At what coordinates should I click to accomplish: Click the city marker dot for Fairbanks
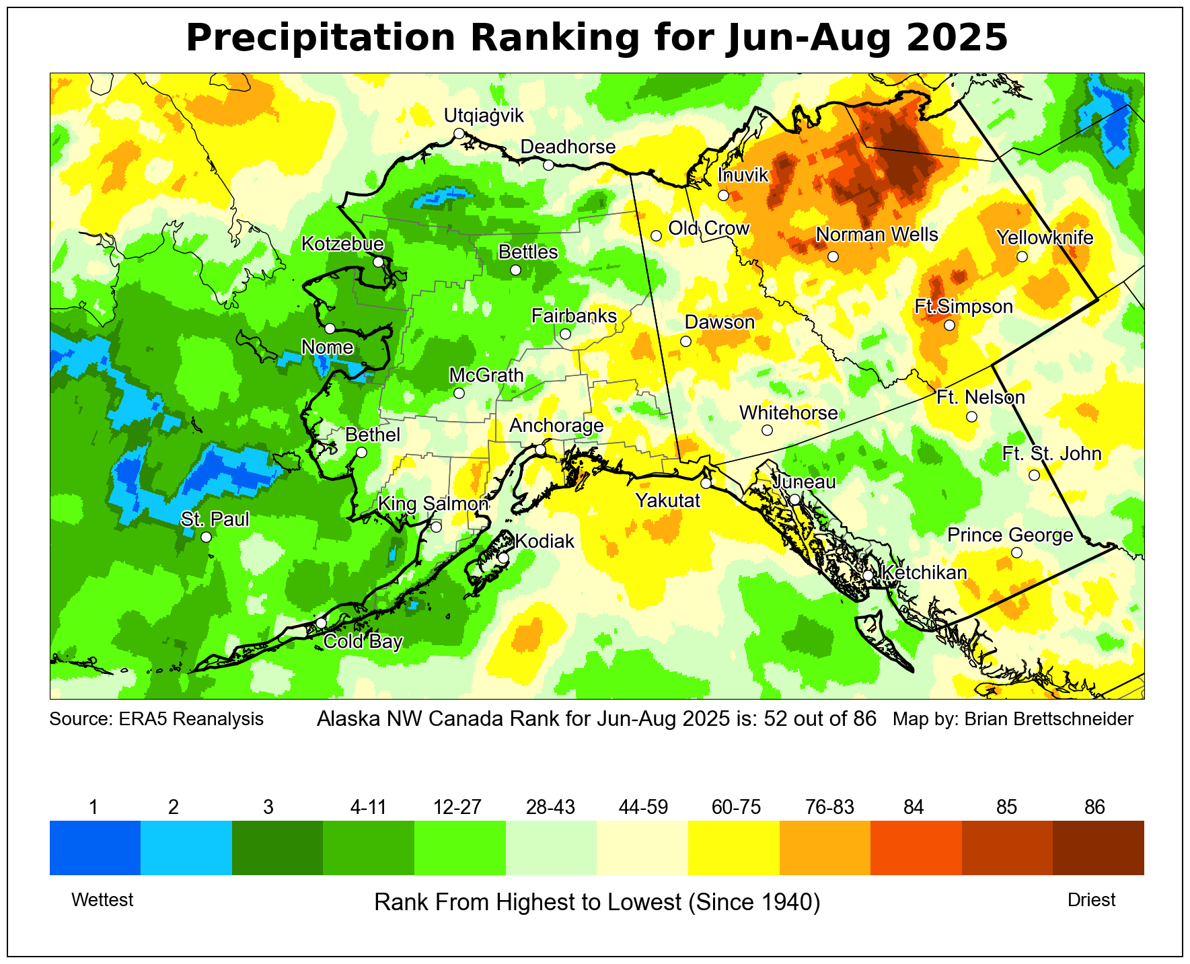point(565,334)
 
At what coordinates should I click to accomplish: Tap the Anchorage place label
point(556,426)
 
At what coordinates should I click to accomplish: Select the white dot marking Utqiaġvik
point(459,133)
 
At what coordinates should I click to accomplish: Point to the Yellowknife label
point(1045,237)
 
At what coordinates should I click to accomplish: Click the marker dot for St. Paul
point(206,537)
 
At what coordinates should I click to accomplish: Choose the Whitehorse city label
point(788,412)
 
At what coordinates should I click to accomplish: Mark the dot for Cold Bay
point(322,622)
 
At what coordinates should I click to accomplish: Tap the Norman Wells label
point(877,235)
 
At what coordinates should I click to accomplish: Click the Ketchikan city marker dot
point(868,575)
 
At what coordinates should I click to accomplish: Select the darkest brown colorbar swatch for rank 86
point(1098,848)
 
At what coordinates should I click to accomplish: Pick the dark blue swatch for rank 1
point(95,848)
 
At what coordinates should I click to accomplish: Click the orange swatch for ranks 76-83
point(825,848)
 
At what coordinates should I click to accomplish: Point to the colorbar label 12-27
point(457,807)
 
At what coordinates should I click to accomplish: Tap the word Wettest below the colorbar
point(102,900)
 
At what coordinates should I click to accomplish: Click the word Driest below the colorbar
point(1091,900)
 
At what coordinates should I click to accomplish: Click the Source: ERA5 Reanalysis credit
point(156,719)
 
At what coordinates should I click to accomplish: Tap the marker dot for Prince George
point(1016,552)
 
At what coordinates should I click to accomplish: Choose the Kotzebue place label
point(342,244)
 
